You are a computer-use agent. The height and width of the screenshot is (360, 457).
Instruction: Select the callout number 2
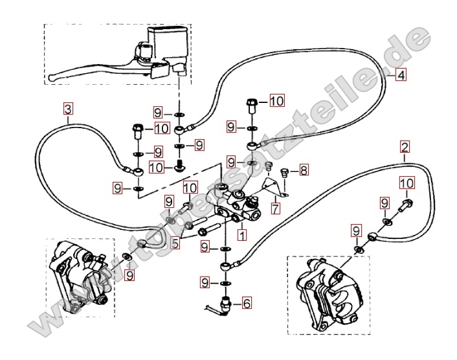pos(405,148)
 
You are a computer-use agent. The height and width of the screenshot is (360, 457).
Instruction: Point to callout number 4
pos(401,75)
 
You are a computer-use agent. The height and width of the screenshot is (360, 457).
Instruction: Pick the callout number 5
pos(175,243)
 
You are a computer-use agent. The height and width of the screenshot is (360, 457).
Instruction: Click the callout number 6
pos(247,302)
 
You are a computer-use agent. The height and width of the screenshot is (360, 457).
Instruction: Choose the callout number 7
pos(276,209)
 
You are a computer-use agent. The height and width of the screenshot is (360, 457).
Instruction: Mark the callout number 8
pos(304,171)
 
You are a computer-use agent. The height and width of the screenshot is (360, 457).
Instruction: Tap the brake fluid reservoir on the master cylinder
pos(167,39)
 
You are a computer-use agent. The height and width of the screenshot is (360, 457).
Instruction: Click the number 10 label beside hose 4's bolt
pos(276,100)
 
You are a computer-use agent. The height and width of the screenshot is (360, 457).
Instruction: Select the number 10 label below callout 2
pos(407,183)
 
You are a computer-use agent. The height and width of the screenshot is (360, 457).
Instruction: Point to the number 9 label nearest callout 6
pos(205,282)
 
